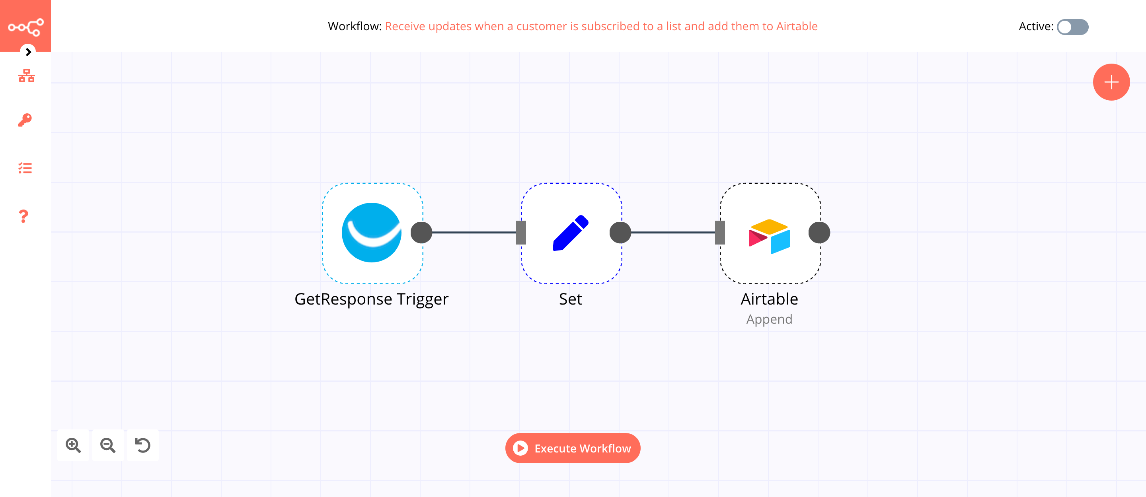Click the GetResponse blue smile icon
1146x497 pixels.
[372, 233]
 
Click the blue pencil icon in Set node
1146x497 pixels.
[570, 233]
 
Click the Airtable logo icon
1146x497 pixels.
[769, 236]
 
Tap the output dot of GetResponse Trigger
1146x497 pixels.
[421, 233]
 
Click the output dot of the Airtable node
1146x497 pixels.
[819, 233]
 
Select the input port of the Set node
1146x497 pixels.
[521, 233]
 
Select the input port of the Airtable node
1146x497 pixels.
[720, 233]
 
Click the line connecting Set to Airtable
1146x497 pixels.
[672, 233]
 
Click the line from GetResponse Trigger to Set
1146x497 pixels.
[474, 233]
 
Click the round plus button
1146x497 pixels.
[1111, 82]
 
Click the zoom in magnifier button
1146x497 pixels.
[73, 445]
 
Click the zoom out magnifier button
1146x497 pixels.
[108, 445]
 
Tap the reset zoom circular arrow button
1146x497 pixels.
[143, 445]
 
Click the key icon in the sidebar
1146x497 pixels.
[25, 120]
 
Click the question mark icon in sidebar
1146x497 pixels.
[23, 216]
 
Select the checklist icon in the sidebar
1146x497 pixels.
[25, 168]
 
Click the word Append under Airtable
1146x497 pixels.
[769, 319]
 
